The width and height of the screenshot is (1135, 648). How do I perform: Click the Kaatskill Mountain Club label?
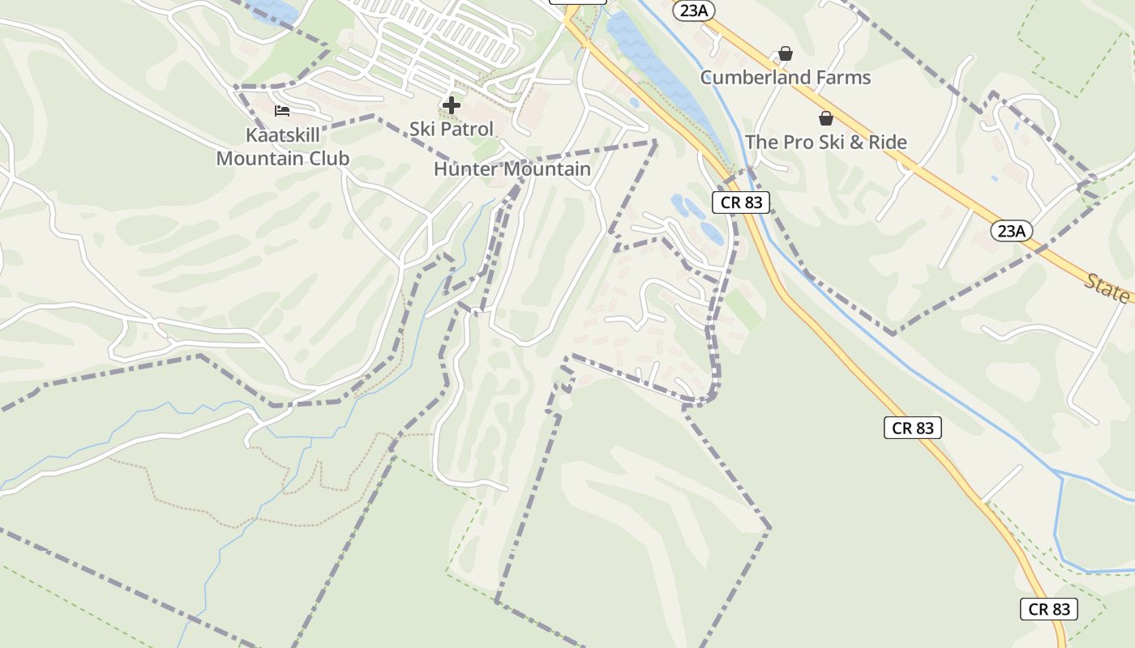[x=282, y=147]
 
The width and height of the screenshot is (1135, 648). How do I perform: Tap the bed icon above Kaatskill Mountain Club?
[x=282, y=110]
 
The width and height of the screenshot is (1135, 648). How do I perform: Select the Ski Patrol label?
[x=451, y=129]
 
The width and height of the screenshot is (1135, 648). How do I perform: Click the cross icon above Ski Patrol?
[x=452, y=105]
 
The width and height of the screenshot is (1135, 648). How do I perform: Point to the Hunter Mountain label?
[x=512, y=169]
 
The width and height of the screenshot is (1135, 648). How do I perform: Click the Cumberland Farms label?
[x=785, y=78]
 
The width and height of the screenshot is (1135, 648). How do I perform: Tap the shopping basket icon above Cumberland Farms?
[x=785, y=53]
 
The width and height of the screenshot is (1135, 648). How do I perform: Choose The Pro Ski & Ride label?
[x=825, y=142]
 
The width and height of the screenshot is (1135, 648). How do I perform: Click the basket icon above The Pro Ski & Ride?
[x=825, y=118]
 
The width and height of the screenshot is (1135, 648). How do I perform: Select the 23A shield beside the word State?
[x=1011, y=231]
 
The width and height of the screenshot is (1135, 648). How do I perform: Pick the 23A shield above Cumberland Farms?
[x=694, y=10]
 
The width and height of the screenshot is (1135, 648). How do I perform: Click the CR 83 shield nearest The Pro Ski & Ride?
[x=741, y=202]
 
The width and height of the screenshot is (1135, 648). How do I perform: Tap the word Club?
[x=328, y=158]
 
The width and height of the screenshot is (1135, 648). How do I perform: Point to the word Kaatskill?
[x=282, y=135]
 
